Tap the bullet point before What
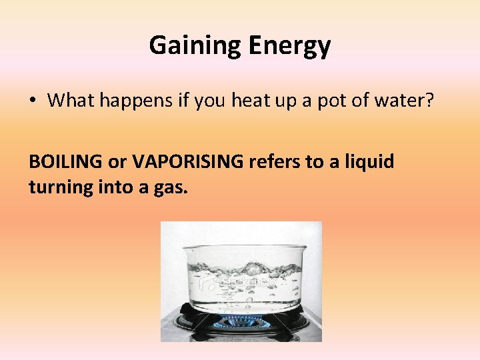33,101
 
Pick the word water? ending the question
409,101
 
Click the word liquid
370,162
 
